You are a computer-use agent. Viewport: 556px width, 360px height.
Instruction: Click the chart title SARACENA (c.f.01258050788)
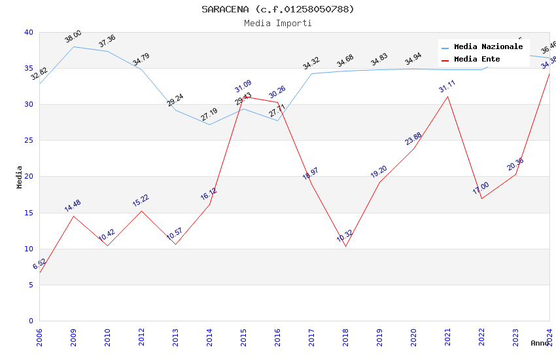(278, 9)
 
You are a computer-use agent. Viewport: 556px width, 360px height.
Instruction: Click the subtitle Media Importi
(278, 23)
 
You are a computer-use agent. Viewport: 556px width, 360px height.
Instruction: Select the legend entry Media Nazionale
(488, 46)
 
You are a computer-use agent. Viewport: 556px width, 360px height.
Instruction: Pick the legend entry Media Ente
(477, 59)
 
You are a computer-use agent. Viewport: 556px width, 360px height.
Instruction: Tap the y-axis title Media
(20, 177)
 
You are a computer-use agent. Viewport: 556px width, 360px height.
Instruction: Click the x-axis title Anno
(540, 343)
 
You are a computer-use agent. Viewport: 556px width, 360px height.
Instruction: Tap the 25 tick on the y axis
(28, 141)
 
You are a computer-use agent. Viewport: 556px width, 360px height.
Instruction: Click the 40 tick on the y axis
(28, 32)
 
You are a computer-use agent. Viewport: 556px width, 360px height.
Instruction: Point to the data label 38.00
(73, 37)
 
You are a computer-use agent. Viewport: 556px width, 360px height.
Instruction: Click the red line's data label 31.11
(447, 86)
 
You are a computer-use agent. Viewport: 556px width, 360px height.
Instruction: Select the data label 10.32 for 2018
(345, 236)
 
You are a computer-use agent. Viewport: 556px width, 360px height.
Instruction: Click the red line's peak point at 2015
(243, 97)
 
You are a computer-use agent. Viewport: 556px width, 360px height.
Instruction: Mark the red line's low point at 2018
(345, 246)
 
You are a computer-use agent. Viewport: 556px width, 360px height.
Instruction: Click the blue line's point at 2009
(73, 46)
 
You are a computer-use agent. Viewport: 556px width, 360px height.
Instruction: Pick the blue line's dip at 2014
(209, 124)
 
